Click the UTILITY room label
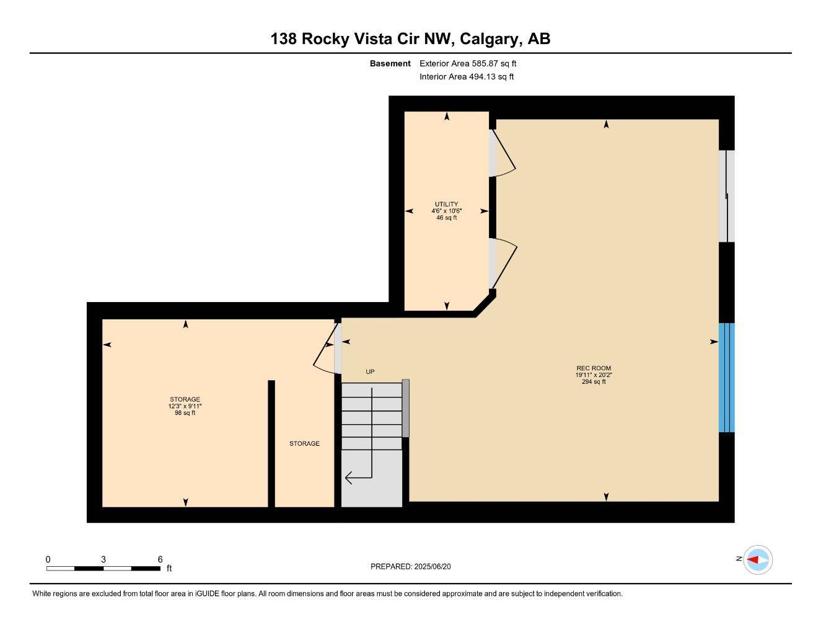tap(446, 204)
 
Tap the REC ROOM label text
tap(594, 368)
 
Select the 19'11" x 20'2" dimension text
tap(594, 375)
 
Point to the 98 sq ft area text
tap(185, 413)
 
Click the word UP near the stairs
tap(370, 372)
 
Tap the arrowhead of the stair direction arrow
tap(348, 478)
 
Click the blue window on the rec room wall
tap(727, 378)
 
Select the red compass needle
tap(753, 560)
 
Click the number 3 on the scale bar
tap(103, 559)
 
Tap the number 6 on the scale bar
tap(160, 559)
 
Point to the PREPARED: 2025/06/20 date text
tap(410, 567)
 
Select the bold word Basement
tap(390, 63)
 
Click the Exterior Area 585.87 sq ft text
tap(468, 63)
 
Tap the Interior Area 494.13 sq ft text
tap(467, 77)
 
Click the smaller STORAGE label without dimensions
tap(304, 444)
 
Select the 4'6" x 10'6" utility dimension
tap(446, 211)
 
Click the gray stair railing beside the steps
tap(405, 408)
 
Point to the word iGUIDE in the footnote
tap(208, 594)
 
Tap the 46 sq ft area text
tap(446, 218)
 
